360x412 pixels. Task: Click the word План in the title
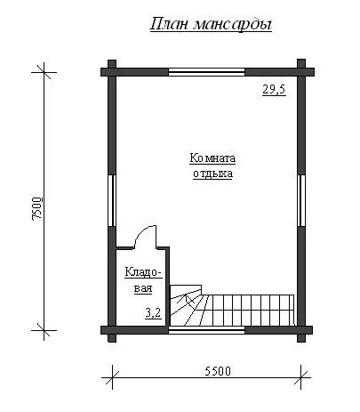click(169, 24)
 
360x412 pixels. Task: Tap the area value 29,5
click(274, 90)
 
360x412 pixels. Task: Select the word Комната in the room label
click(212, 158)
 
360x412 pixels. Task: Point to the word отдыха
click(212, 174)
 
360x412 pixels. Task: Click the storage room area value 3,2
click(153, 313)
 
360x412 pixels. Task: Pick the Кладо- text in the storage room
click(143, 272)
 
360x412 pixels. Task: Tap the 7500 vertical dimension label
click(37, 208)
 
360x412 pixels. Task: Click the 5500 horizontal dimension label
click(218, 371)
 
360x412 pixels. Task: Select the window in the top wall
click(207, 72)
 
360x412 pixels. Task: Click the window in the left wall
click(112, 201)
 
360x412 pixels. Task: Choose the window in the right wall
click(301, 201)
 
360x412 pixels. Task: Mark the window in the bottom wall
click(207, 330)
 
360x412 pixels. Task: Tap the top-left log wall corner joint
click(112, 72)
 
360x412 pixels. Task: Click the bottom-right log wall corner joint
click(301, 330)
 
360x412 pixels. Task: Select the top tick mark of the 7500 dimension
click(44, 72)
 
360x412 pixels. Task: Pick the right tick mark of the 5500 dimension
click(301, 378)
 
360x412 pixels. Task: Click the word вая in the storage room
click(143, 288)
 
